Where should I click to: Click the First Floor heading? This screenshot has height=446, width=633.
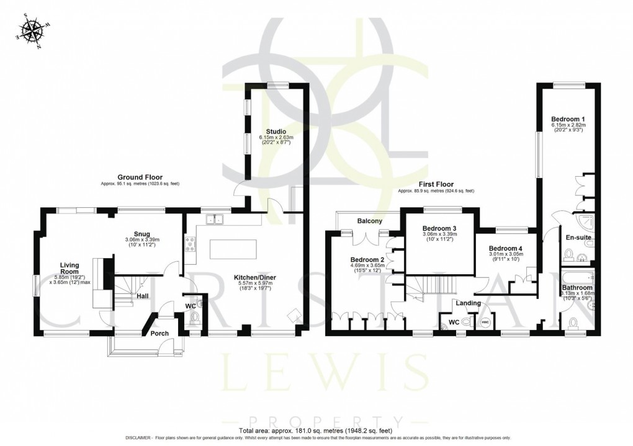point(436,184)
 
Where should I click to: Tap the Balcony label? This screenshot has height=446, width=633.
point(369,221)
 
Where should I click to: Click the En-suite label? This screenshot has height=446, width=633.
point(578,236)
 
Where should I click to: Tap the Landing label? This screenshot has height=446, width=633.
point(468,303)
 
